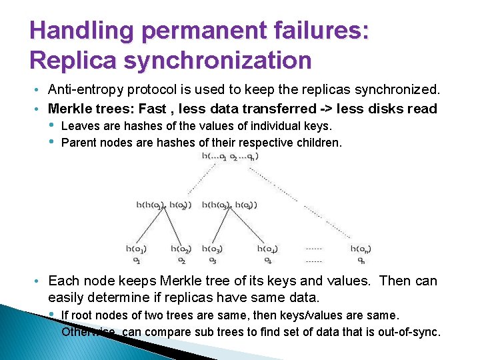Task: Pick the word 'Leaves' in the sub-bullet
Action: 79,125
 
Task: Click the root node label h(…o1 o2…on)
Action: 230,156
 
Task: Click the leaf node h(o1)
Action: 136,249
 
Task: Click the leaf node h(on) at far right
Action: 361,249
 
